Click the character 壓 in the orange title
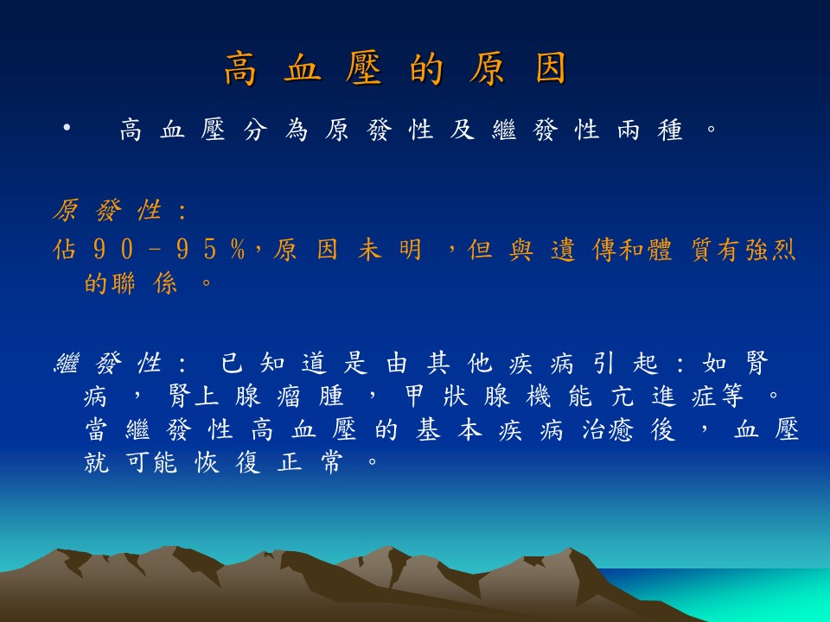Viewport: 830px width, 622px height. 364,68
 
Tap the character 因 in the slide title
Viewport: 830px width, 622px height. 551,68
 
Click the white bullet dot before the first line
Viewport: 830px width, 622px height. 67,128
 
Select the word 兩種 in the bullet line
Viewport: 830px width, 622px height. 649,130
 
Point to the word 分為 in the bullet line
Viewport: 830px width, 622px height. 276,130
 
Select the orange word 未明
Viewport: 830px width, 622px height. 390,249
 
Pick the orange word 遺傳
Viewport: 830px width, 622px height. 584,249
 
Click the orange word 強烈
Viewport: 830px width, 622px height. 770,249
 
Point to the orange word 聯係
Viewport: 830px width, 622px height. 144,283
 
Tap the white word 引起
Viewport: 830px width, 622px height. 625,364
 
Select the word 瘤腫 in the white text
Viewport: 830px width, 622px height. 310,397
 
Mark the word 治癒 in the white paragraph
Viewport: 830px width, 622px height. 607,430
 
